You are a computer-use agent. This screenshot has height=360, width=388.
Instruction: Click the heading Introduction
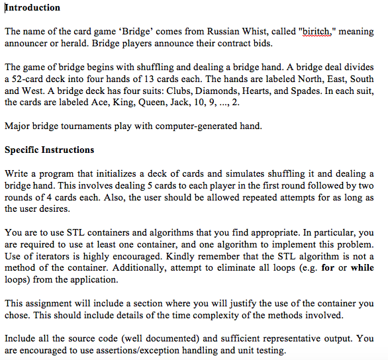pos(32,8)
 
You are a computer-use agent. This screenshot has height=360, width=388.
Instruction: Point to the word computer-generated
pos(198,126)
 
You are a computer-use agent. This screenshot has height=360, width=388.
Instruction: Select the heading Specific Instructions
pos(50,150)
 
